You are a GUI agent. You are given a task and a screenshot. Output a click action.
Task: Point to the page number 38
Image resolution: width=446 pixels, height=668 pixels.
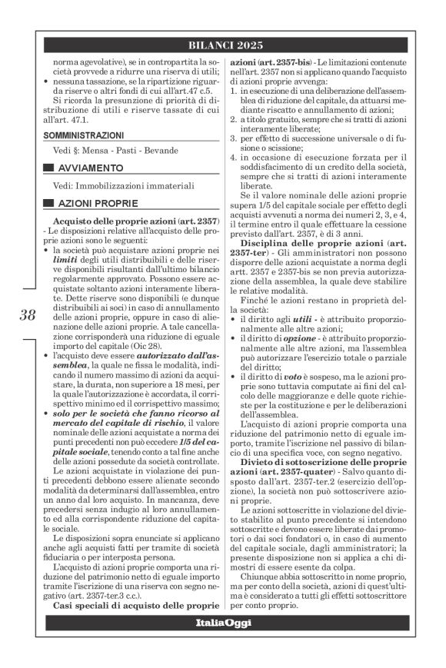pos(27,314)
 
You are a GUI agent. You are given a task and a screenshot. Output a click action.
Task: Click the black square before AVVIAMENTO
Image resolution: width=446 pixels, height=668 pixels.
pos(48,168)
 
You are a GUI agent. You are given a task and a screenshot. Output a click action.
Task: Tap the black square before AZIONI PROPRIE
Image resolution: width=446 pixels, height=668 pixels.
pos(48,203)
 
